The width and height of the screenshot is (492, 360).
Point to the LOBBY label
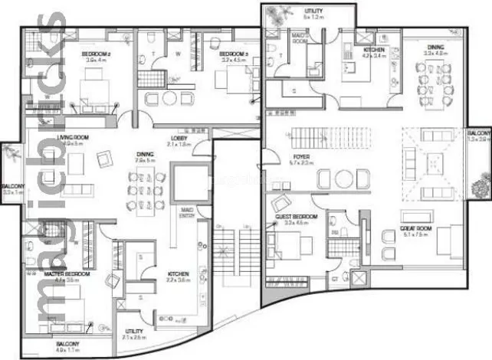[x=179, y=139]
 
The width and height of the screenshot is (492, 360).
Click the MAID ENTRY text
[x=185, y=211]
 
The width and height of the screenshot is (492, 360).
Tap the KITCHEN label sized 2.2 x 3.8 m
[x=178, y=273]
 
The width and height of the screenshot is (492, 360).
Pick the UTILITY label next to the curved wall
[x=133, y=332]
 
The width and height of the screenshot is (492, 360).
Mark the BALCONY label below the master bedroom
[x=68, y=344]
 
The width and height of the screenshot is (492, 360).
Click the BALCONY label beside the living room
[x=12, y=186]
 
